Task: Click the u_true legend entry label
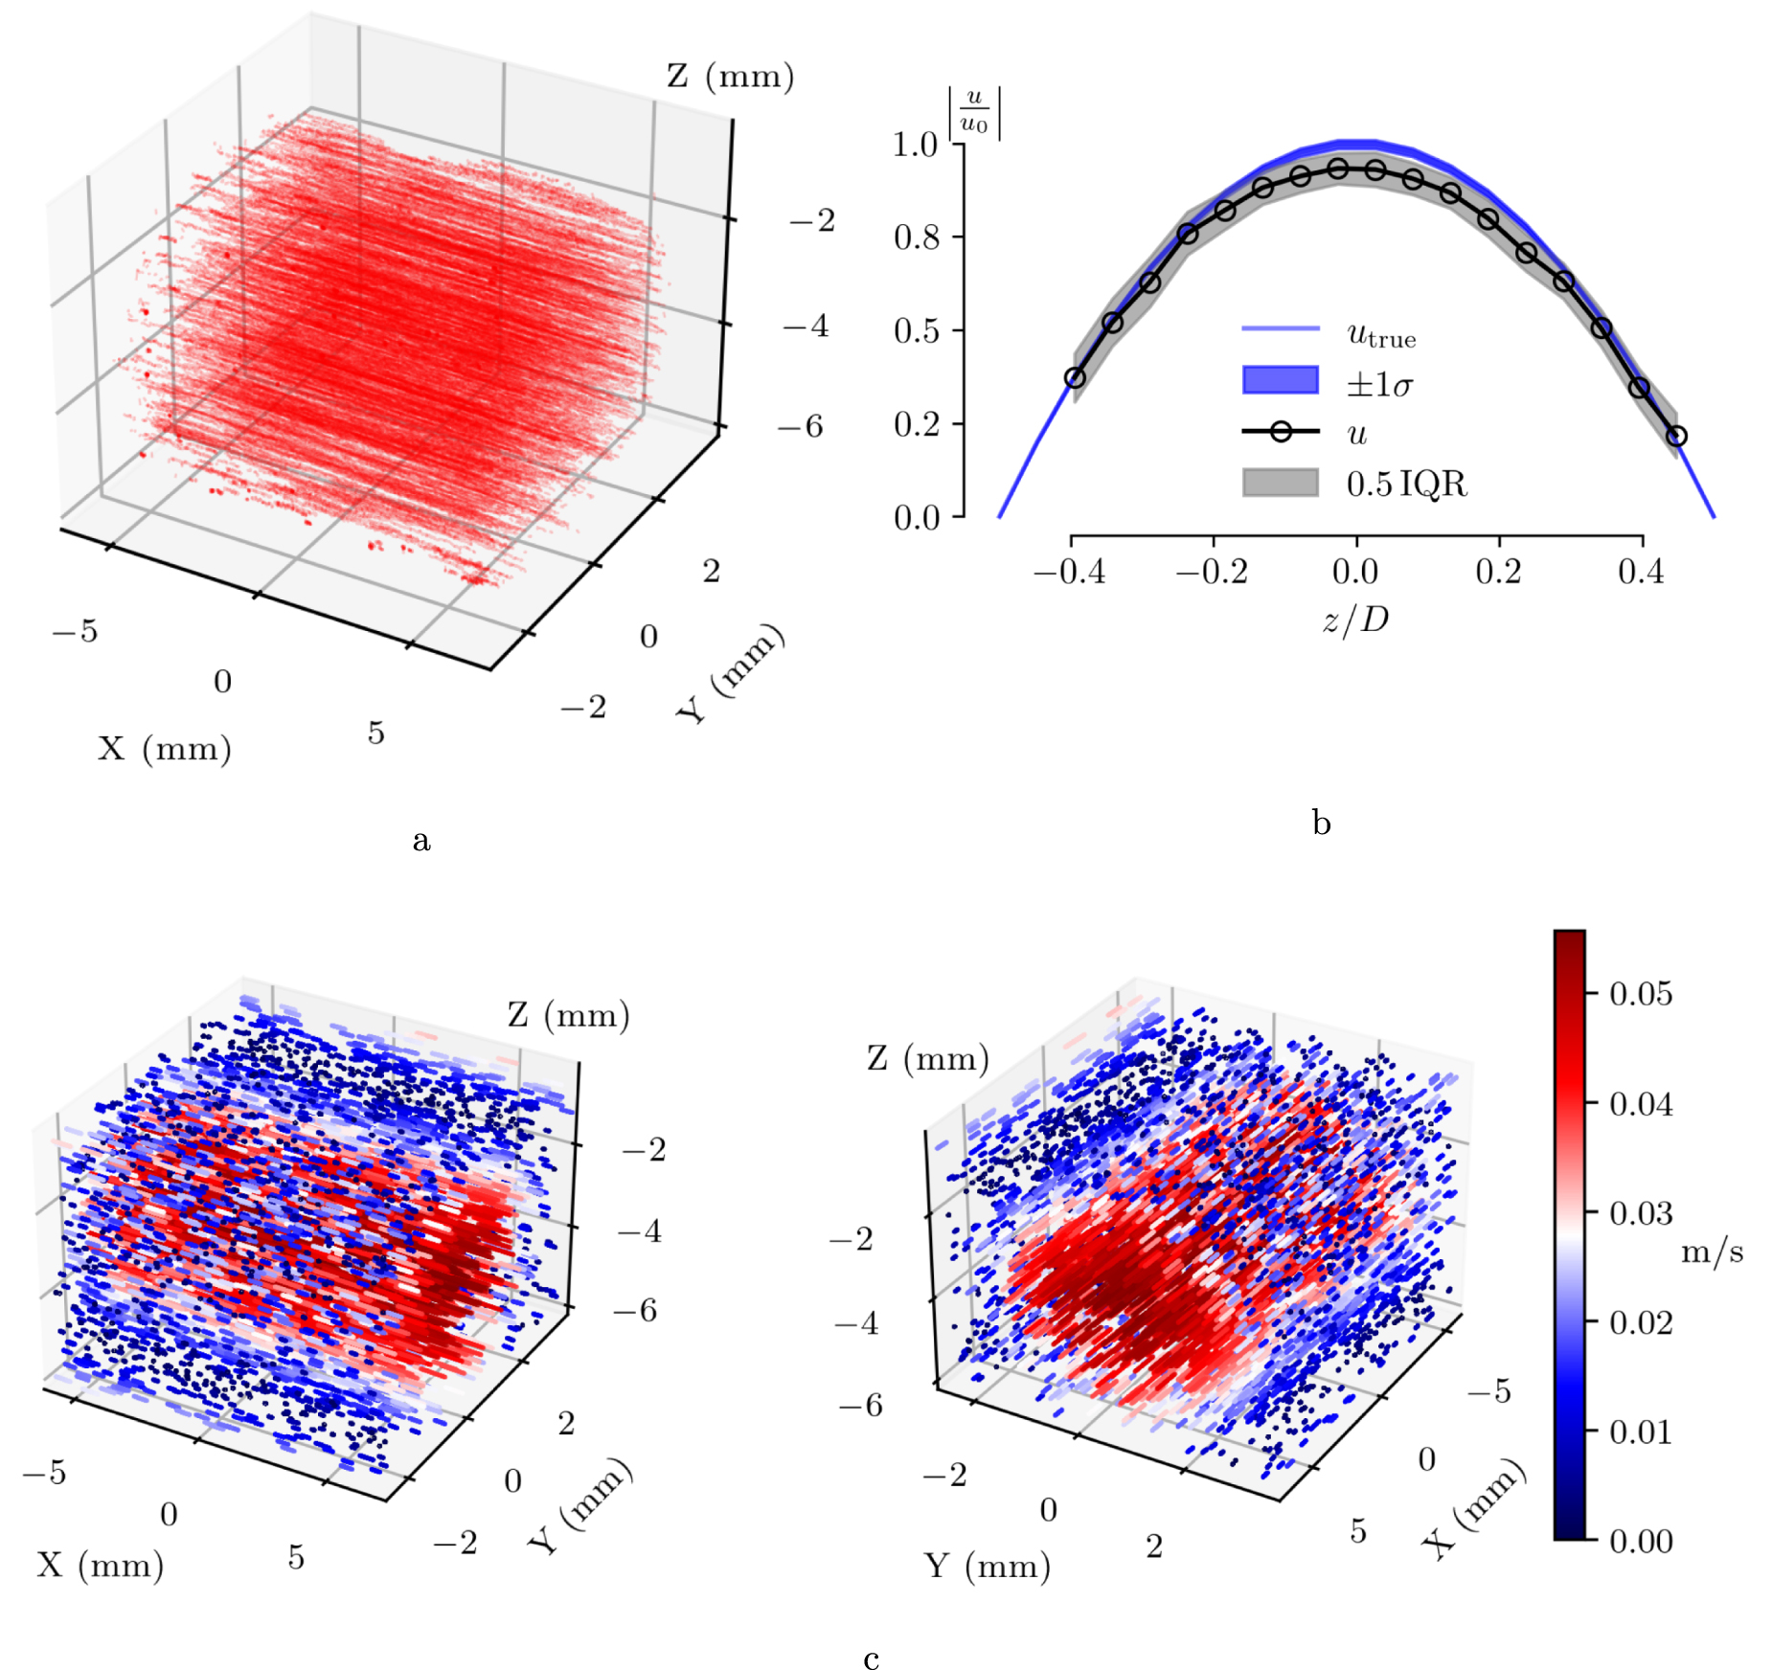coord(1380,335)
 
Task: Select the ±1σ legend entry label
coord(1379,385)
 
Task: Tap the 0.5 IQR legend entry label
coord(1406,484)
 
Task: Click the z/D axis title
coord(1355,621)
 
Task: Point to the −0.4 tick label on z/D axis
coord(1069,573)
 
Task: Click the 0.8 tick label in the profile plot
coord(916,237)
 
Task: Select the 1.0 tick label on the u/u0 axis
coord(915,145)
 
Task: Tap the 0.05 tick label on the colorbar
coord(1641,994)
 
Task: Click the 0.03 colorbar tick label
coord(1641,1213)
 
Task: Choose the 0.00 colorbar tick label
coord(1641,1542)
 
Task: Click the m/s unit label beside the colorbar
coord(1712,1252)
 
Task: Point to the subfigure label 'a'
coord(421,841)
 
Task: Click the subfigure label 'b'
coord(1322,823)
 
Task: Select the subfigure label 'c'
coord(871,1659)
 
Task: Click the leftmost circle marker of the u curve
coord(1075,378)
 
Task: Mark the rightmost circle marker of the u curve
coord(1676,437)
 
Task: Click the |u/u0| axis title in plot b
coord(974,113)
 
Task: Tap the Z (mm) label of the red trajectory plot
coord(730,77)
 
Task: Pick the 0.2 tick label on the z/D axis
coord(1498,573)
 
